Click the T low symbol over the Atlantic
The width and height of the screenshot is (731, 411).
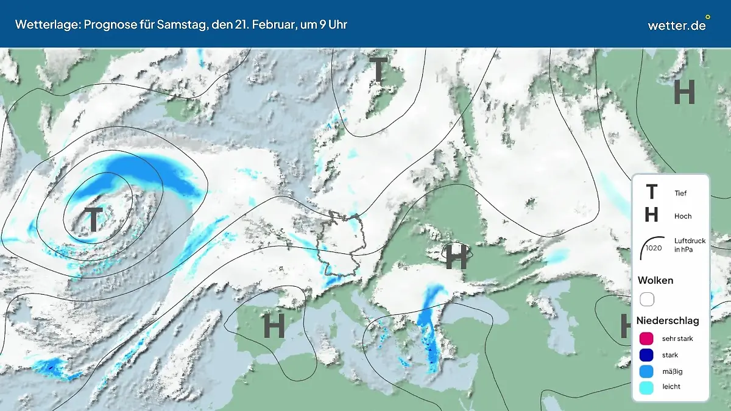coord(93,220)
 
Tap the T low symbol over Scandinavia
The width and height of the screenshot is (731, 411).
coord(378,71)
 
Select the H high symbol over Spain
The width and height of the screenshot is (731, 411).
coord(274,327)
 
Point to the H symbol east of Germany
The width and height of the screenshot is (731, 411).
coord(456,258)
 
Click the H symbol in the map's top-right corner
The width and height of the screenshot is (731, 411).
coord(683,93)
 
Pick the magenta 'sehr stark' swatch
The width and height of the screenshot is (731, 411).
coord(647,339)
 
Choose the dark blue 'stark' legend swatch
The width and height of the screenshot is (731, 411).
coord(647,355)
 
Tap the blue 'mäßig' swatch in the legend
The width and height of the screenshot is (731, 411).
coord(647,371)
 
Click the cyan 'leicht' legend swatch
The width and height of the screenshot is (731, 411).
coord(647,387)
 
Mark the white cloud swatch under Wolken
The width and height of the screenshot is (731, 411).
coord(647,299)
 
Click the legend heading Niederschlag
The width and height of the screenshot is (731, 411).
coord(668,320)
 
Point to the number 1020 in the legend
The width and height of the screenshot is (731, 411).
coord(653,248)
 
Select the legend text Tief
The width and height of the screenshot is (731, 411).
coord(680,194)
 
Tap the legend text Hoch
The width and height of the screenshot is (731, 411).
coord(683,216)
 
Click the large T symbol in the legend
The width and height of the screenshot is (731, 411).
coord(651,192)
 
